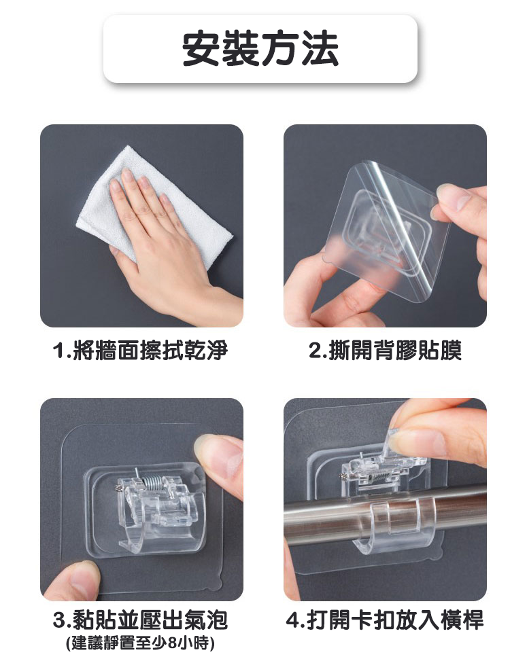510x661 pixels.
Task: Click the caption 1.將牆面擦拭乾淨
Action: coord(140,351)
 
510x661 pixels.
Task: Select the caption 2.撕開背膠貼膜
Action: coord(385,351)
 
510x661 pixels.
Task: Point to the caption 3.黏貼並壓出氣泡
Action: coord(141,620)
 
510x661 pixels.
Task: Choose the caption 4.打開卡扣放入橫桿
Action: coord(384,620)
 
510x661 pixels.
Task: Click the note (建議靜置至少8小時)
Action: coord(141,643)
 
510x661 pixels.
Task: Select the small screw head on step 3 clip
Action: coord(119,488)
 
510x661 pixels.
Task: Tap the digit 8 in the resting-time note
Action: coord(173,643)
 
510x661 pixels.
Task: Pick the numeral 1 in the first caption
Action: coord(59,351)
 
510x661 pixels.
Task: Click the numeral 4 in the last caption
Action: coord(293,620)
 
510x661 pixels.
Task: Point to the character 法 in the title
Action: coord(320,49)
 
